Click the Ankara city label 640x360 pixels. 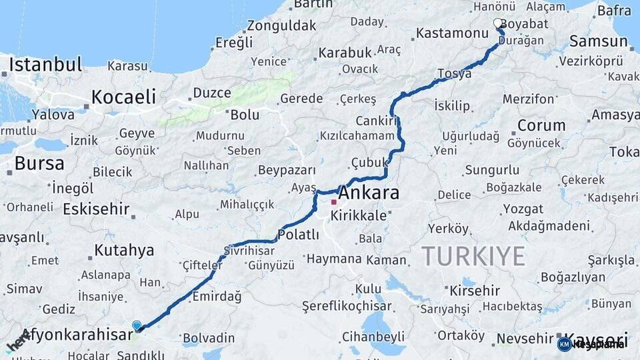click(369, 193)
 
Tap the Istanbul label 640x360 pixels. click(45, 65)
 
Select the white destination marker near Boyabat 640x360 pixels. click(498, 24)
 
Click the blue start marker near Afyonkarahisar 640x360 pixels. click(137, 325)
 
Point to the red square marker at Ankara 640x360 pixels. click(333, 201)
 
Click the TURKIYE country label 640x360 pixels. click(473, 255)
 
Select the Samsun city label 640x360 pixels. click(598, 41)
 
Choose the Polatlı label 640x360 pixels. click(299, 235)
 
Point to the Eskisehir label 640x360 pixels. click(96, 209)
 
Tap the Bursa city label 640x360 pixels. click(39, 163)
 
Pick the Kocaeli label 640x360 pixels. click(123, 96)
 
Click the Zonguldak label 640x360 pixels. click(281, 26)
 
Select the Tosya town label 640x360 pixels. click(455, 73)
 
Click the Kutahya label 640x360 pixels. click(124, 251)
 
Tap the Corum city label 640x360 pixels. click(541, 125)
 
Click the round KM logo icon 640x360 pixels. click(564, 344)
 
